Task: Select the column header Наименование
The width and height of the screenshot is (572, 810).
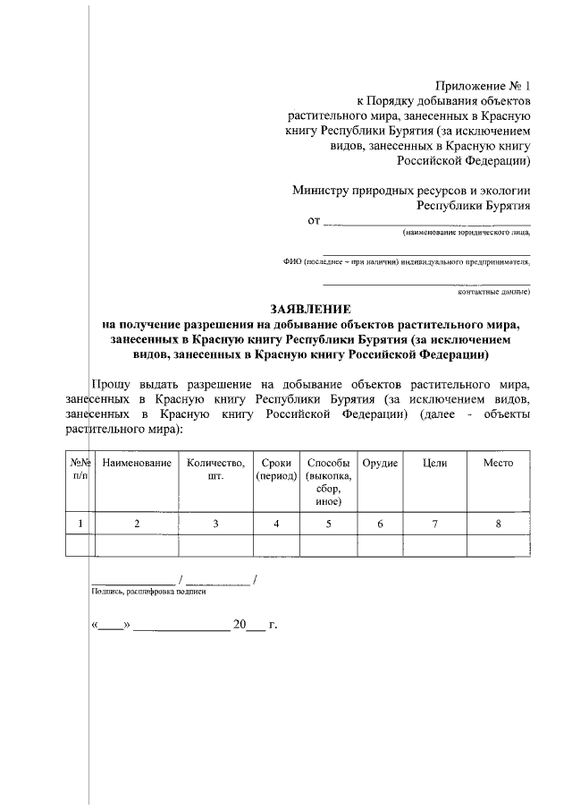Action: (137, 463)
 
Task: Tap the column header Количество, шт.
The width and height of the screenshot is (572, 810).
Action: (214, 470)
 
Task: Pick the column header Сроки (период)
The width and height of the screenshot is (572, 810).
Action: (276, 470)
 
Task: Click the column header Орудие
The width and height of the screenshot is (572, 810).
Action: (380, 463)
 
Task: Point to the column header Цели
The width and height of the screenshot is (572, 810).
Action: (434, 463)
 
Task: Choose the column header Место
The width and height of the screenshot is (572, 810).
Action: (498, 463)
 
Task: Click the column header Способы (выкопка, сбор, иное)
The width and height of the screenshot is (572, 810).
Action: (328, 482)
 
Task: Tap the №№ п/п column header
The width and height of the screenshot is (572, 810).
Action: (80, 470)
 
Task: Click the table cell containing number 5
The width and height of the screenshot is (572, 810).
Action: (328, 524)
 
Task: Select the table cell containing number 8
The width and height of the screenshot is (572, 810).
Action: (498, 524)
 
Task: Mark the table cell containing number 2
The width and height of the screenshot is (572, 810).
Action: (137, 524)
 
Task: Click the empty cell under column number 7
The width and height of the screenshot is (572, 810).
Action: (434, 545)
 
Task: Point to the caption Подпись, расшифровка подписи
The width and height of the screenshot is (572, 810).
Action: (148, 592)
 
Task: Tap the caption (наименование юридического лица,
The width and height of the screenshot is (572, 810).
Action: (466, 232)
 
